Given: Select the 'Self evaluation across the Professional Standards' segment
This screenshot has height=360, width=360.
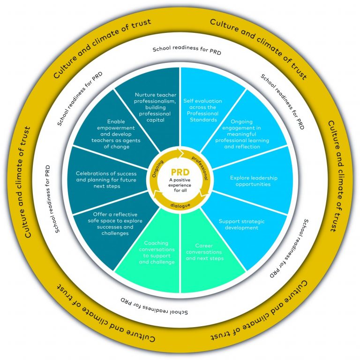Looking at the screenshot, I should [203, 110].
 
